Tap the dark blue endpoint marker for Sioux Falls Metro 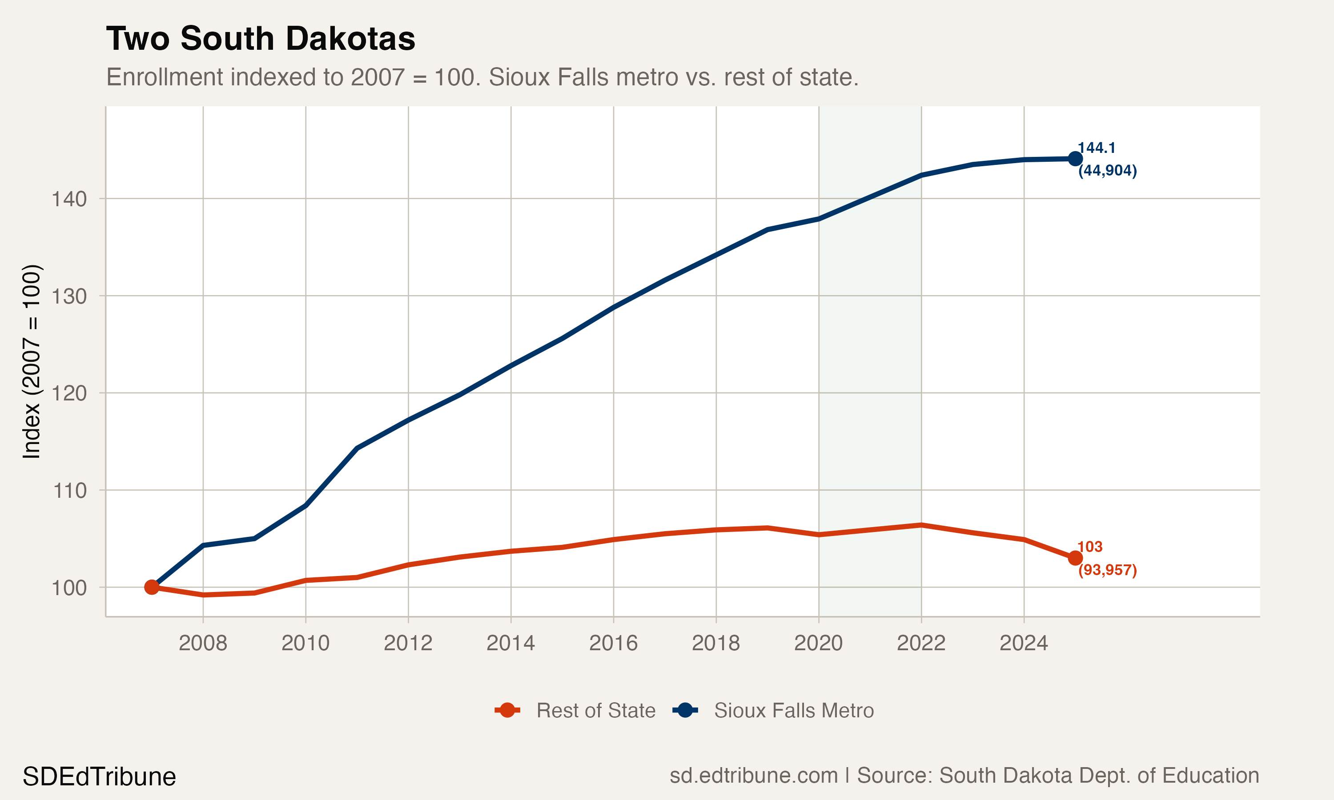click(1075, 159)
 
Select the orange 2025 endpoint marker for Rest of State click(1075, 558)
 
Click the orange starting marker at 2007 click(152, 587)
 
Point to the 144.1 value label click(1097, 148)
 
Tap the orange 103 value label click(1090, 547)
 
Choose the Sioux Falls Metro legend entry click(773, 711)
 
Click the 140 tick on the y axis click(69, 200)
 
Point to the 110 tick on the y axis click(69, 491)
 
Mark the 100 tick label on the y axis click(69, 588)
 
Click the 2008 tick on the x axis click(203, 643)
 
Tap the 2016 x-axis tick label click(613, 643)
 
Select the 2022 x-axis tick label click(921, 643)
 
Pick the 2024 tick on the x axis click(1024, 643)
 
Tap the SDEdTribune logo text click(99, 777)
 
